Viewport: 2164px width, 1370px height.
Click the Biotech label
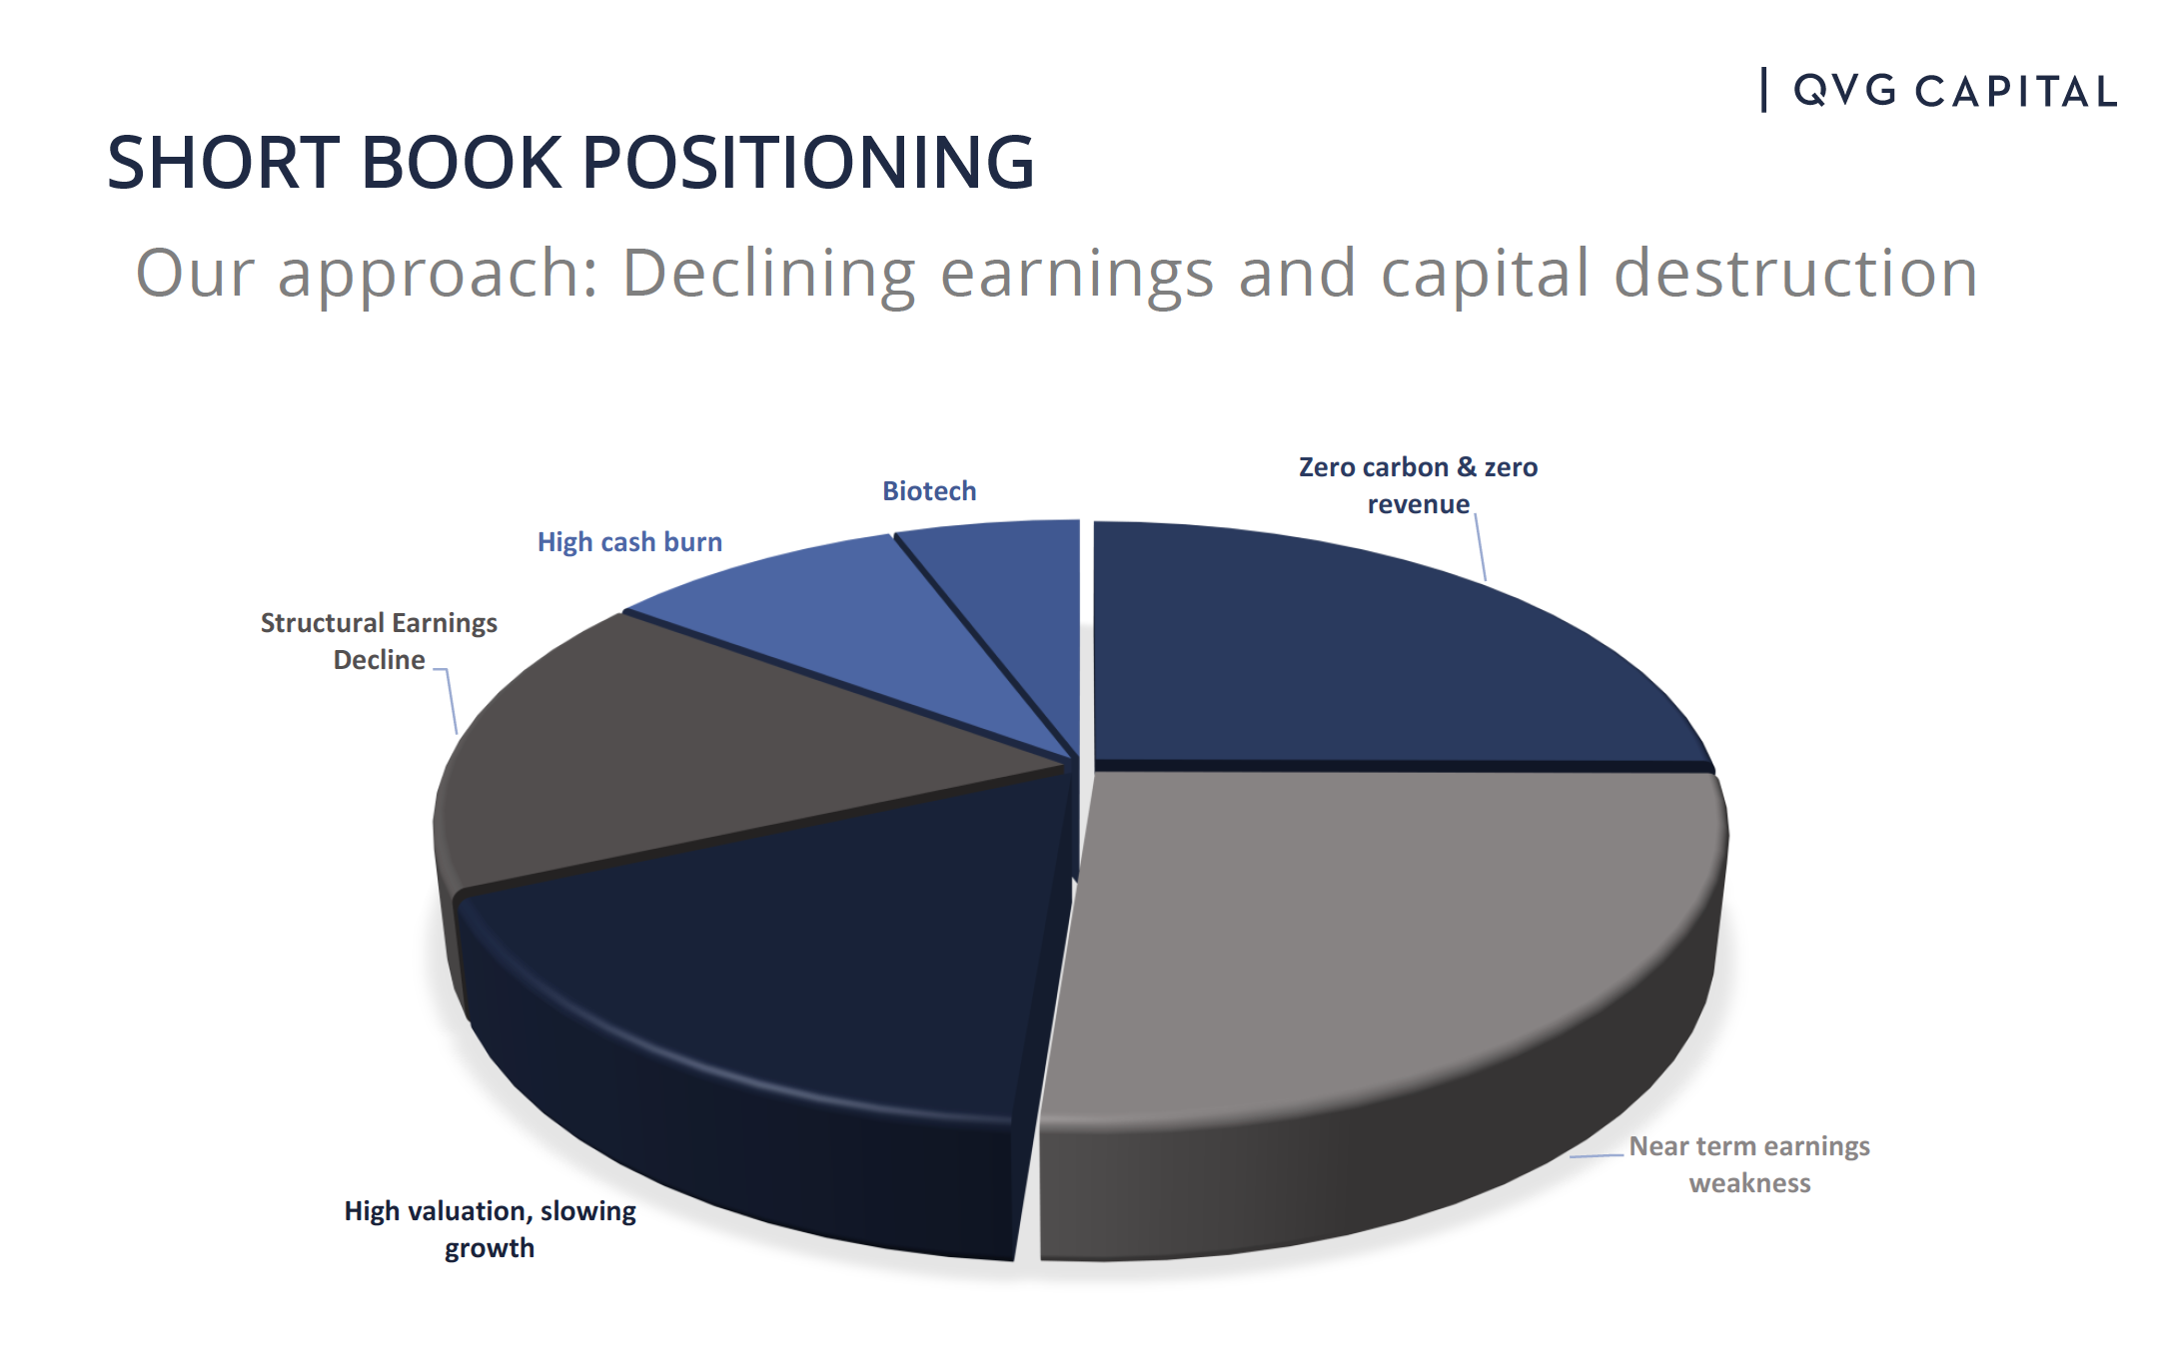coord(929,491)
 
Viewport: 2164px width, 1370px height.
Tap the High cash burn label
coord(629,542)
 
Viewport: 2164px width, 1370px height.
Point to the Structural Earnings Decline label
coord(379,641)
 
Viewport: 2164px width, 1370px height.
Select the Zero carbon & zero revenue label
coord(1418,485)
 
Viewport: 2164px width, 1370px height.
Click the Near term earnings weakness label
coord(1749,1164)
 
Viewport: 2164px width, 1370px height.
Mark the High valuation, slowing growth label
coord(490,1229)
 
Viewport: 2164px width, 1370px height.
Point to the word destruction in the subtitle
coord(1795,273)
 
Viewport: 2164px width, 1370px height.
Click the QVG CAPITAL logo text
coord(1954,91)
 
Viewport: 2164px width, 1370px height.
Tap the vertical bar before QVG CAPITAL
coord(1764,90)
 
